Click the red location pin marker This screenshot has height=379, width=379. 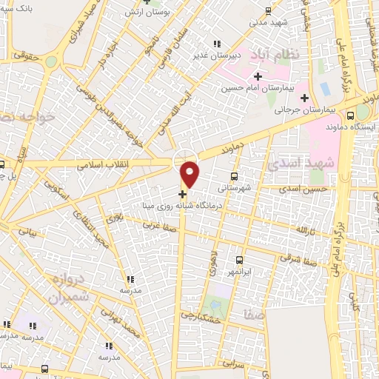[x=190, y=173]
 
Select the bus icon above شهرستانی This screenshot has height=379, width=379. [x=234, y=176]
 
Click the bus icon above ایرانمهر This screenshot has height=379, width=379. [x=239, y=260]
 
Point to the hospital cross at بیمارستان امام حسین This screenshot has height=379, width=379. [x=258, y=77]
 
